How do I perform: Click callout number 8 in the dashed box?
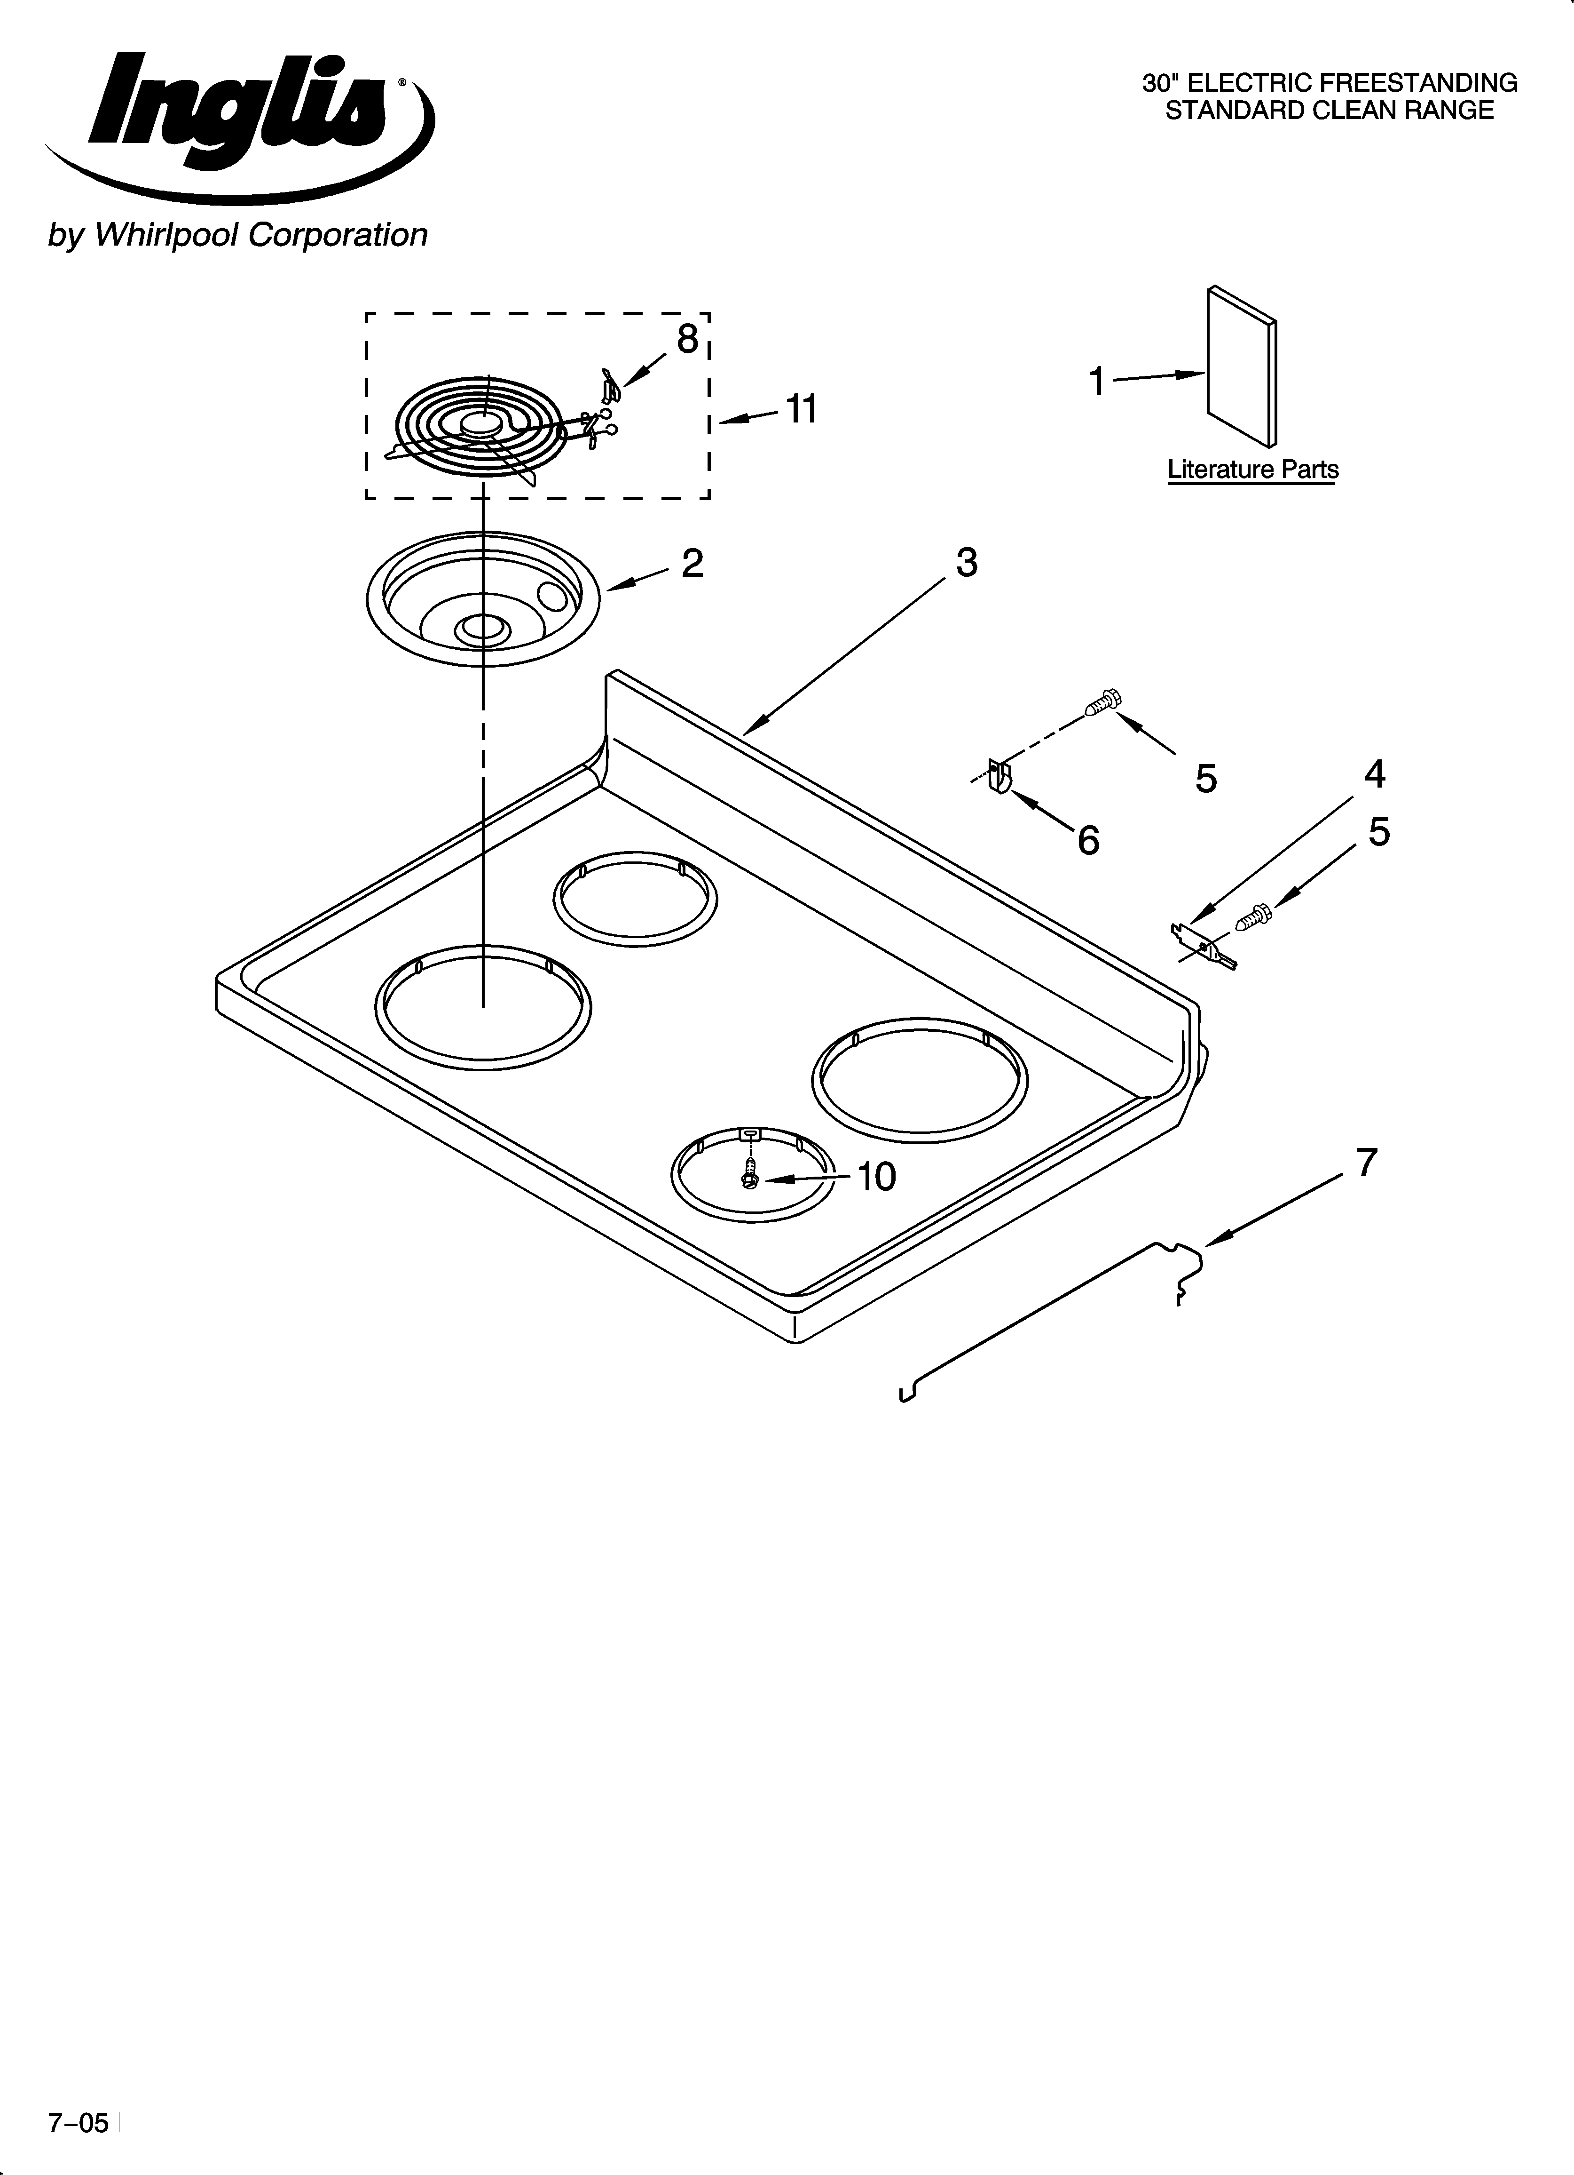(687, 339)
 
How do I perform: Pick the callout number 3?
(966, 563)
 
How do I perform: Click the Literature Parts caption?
(1252, 470)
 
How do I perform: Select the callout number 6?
(1088, 841)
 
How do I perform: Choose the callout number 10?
(875, 1177)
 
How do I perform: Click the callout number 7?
(1366, 1163)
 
